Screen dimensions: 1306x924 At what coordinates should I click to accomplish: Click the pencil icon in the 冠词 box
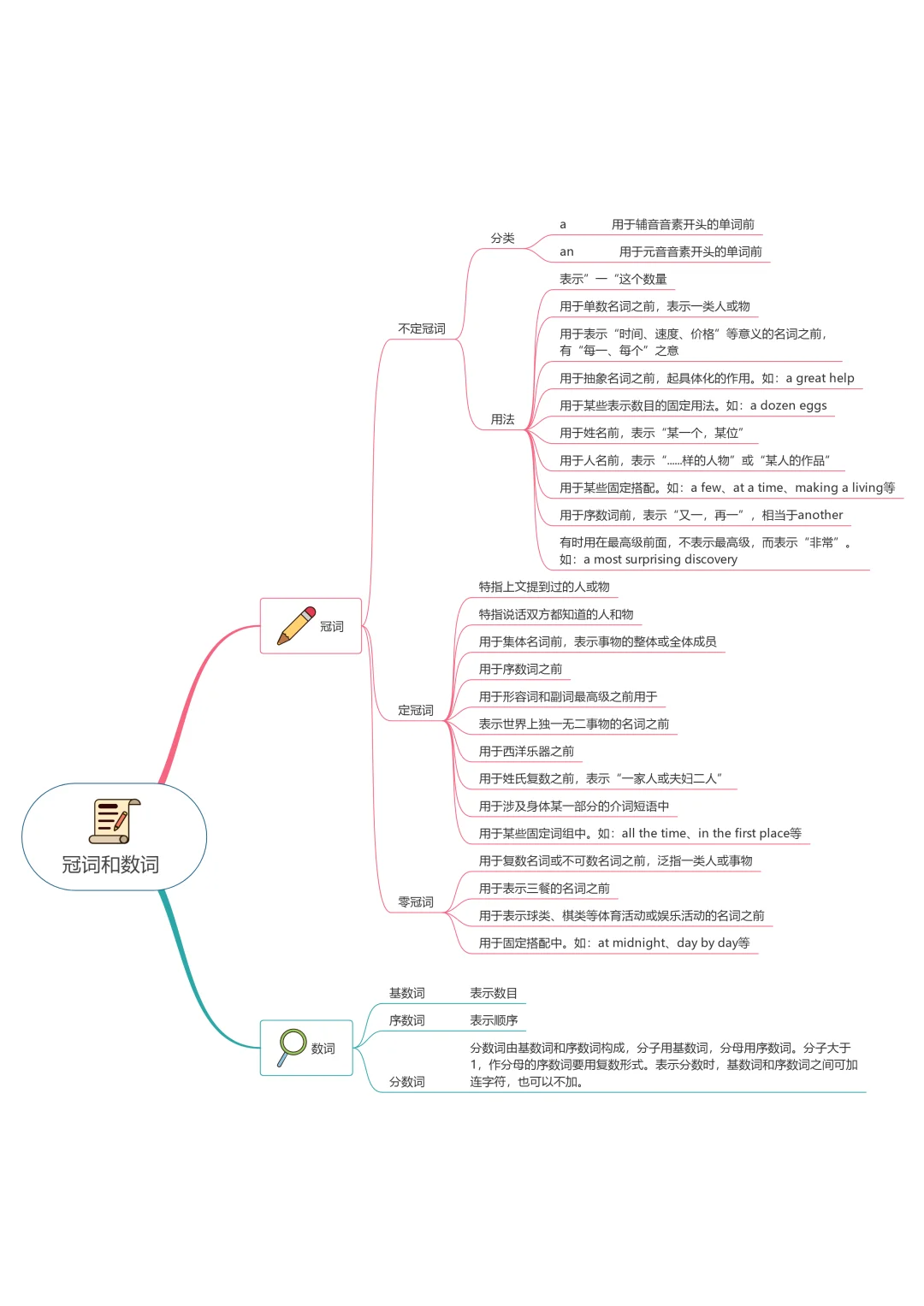pyautogui.click(x=296, y=626)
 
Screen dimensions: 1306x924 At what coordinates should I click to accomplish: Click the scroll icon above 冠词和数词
pyautogui.click(x=115, y=821)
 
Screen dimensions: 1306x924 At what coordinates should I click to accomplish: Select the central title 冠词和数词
pyautogui.click(x=110, y=865)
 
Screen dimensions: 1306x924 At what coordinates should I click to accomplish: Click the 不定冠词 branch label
pyautogui.click(x=422, y=328)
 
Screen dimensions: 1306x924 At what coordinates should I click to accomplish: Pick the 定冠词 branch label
pyautogui.click(x=416, y=710)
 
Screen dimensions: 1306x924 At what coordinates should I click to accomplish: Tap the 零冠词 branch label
pyautogui.click(x=416, y=901)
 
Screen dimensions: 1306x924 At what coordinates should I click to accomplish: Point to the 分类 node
pyautogui.click(x=502, y=238)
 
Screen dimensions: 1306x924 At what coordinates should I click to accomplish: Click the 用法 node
pyautogui.click(x=502, y=419)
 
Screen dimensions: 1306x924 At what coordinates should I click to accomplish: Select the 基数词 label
pyautogui.click(x=407, y=993)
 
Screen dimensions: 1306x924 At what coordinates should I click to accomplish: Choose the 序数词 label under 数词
pyautogui.click(x=407, y=1020)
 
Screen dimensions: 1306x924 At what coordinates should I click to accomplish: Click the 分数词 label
pyautogui.click(x=407, y=1082)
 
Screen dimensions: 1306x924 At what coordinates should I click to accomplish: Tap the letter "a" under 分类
pyautogui.click(x=563, y=225)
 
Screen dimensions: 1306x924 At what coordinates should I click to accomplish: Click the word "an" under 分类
pyautogui.click(x=566, y=252)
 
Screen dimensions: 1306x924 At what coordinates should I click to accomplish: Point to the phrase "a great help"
pyautogui.click(x=820, y=378)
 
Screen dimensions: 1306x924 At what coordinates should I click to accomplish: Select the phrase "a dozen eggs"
pyautogui.click(x=788, y=405)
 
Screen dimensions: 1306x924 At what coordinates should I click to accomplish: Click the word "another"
pyautogui.click(x=820, y=515)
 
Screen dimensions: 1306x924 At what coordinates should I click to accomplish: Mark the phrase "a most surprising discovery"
pyautogui.click(x=660, y=559)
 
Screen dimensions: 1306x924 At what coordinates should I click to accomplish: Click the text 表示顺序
pyautogui.click(x=494, y=1020)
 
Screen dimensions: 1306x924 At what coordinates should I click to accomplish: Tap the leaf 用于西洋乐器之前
pyautogui.click(x=526, y=751)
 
